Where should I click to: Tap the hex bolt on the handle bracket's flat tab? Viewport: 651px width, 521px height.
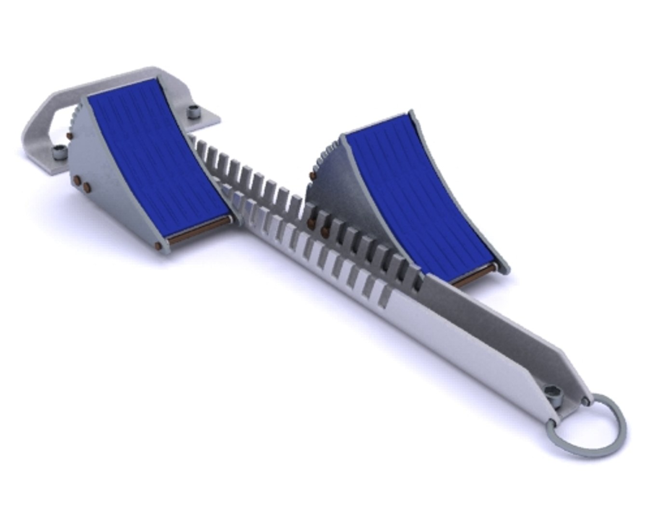pyautogui.click(x=194, y=111)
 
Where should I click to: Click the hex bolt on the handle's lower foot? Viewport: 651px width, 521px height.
pyautogui.click(x=59, y=152)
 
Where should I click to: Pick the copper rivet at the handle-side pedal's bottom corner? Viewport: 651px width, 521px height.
pyautogui.click(x=158, y=246)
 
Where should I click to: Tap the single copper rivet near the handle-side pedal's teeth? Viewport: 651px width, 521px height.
pyautogui.click(x=70, y=137)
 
